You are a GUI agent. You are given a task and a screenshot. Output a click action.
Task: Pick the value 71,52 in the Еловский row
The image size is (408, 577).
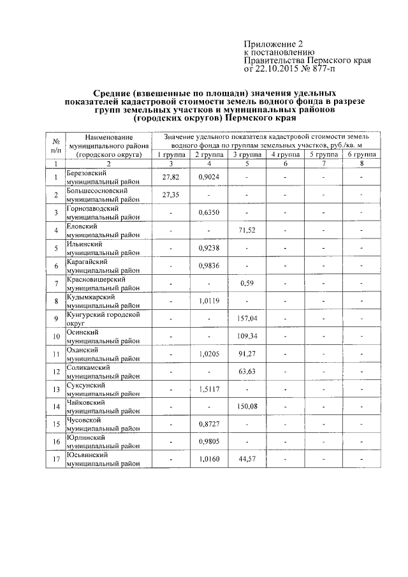[246, 230]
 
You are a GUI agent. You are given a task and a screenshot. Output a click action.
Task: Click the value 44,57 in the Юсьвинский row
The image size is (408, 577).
[246, 459]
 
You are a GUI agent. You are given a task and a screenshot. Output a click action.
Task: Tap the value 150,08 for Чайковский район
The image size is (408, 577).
[246, 406]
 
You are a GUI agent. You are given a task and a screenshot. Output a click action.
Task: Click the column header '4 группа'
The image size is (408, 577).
[284, 155]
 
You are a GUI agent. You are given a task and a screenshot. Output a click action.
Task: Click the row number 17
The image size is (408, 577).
[55, 459]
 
